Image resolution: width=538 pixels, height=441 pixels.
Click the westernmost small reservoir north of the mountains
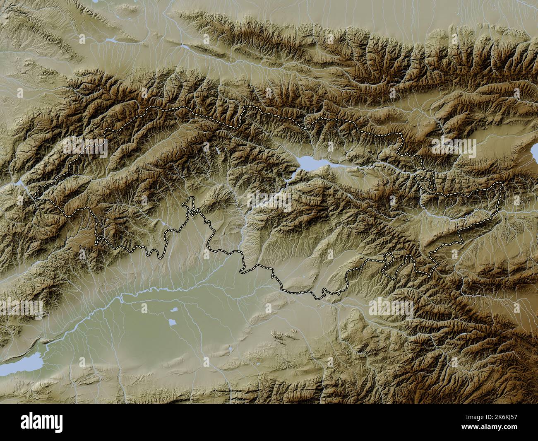tap(110, 40)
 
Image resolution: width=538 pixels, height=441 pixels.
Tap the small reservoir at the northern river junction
tap(185, 47)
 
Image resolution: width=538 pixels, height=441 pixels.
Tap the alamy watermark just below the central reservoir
tap(269, 200)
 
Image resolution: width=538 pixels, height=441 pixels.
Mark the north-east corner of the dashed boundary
tap(502, 183)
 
